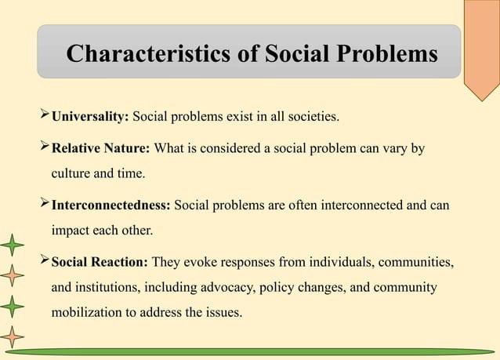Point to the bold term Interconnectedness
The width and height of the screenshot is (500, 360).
point(111,205)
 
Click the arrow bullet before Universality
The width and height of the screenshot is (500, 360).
point(44,117)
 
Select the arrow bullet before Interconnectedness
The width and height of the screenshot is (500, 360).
point(44,205)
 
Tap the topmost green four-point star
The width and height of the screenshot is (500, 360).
point(11,246)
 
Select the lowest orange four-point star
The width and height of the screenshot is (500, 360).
point(11,336)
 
